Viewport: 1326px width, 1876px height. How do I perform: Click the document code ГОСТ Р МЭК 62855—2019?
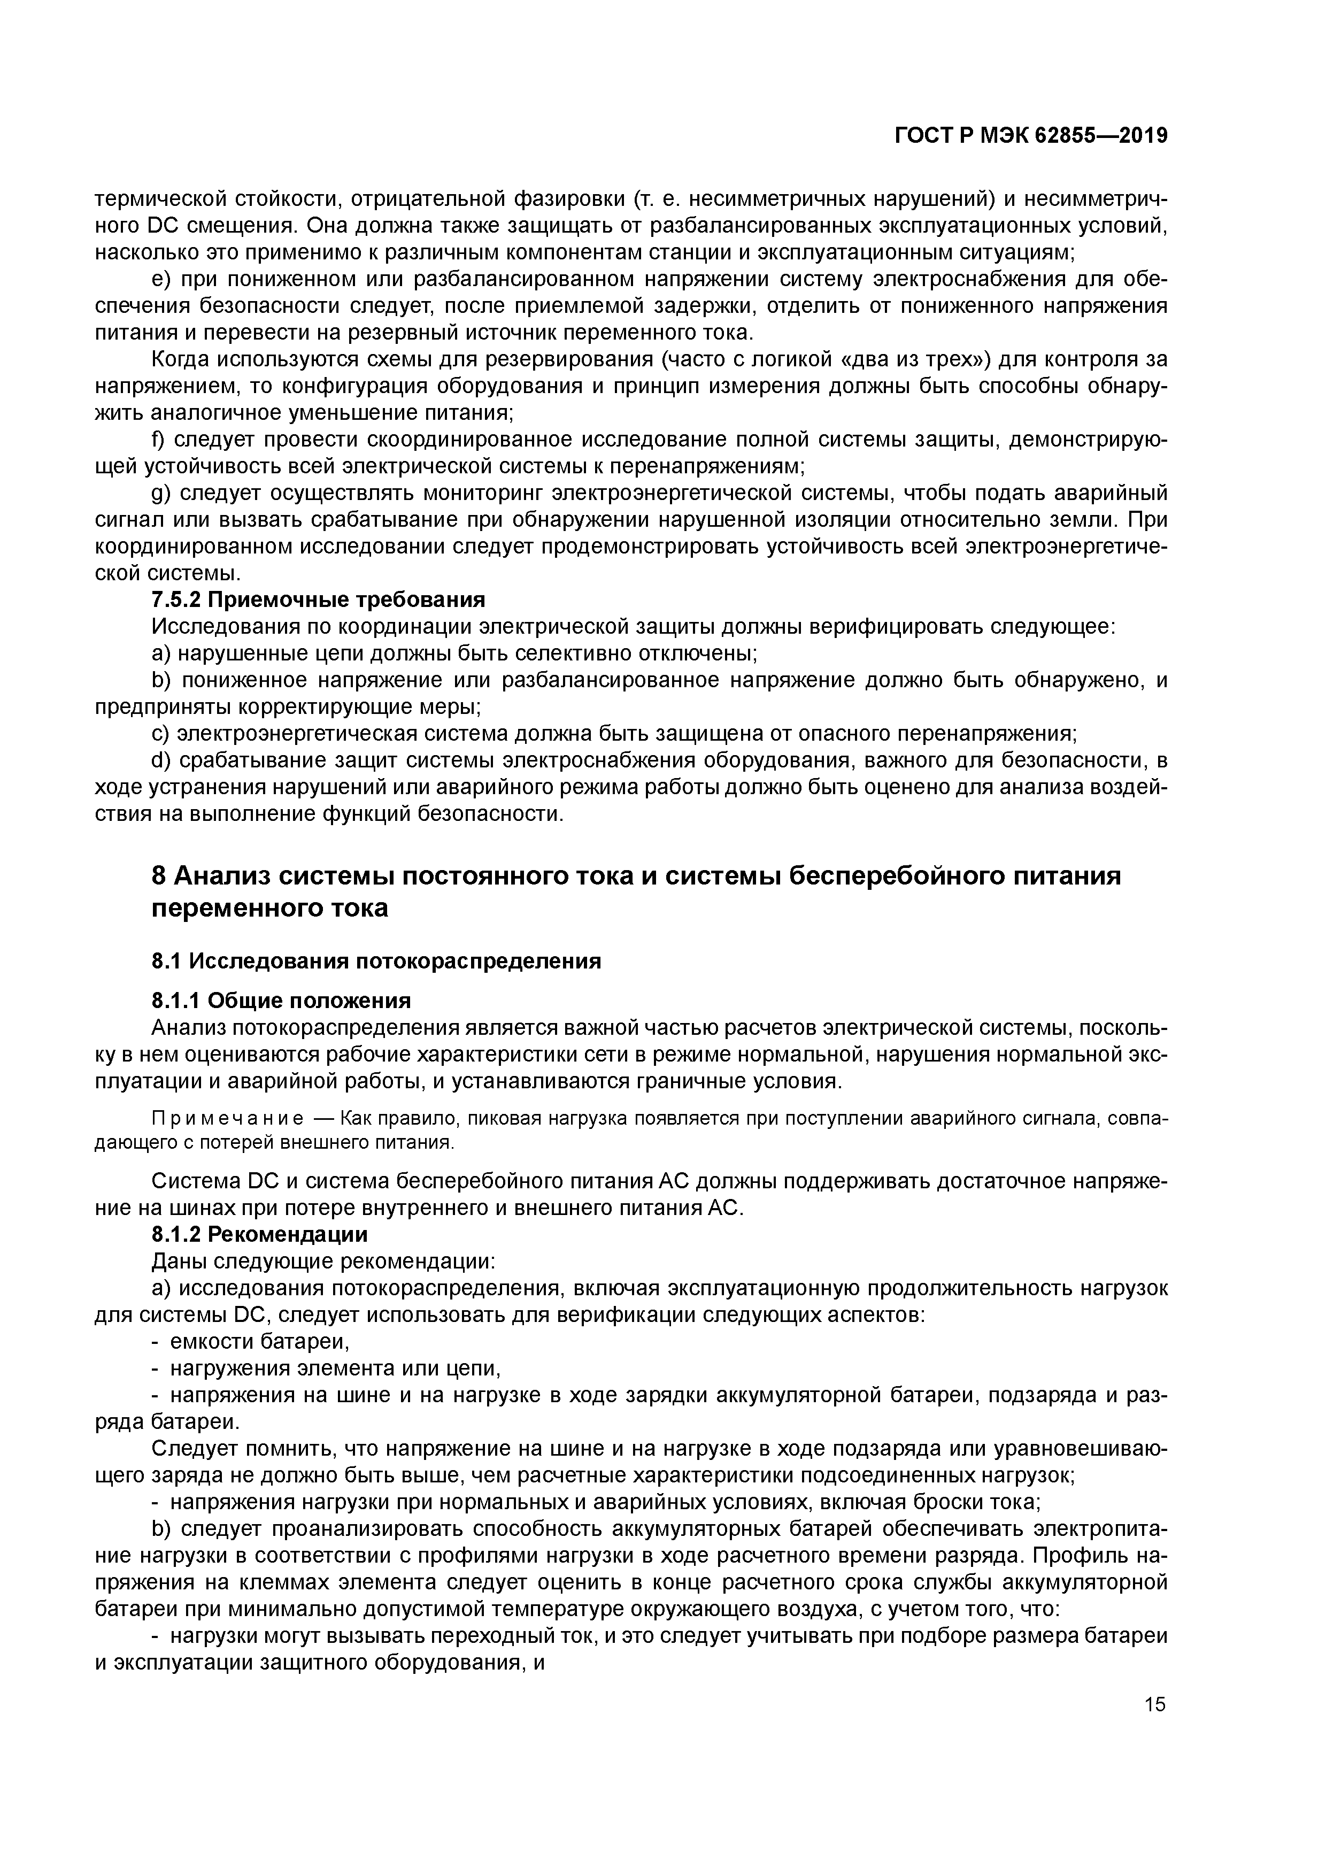[x=1030, y=136]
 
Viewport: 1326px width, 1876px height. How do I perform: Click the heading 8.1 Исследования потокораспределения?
[x=376, y=961]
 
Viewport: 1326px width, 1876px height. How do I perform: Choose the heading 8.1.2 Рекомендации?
[x=260, y=1234]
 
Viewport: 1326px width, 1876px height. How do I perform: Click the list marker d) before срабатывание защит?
[x=162, y=760]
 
